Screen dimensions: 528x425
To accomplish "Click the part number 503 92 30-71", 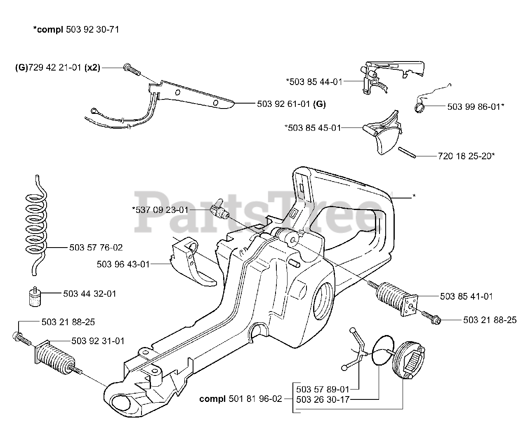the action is [x=92, y=29].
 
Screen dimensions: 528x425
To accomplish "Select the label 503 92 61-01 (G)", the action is [x=291, y=104].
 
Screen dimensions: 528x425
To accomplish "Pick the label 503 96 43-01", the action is [x=123, y=264].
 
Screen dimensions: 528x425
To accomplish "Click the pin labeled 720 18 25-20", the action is [x=407, y=153].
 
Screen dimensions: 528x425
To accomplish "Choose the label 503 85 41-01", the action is [x=466, y=296].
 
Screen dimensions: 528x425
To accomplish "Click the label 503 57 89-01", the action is [x=323, y=390].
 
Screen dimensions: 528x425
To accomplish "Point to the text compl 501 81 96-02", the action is [x=240, y=399].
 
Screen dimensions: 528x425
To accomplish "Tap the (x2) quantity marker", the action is [x=92, y=68].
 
